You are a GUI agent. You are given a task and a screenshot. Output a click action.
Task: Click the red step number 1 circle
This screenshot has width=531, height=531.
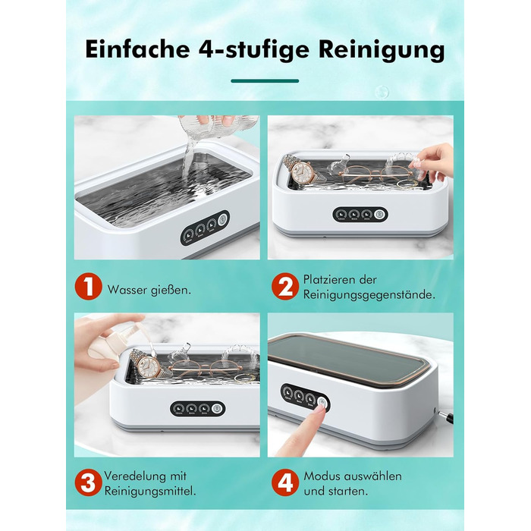coord(89,286)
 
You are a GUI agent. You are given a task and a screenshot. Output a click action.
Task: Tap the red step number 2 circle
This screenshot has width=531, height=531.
coord(285,286)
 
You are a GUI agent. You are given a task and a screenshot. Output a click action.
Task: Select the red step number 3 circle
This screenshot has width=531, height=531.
coord(89,482)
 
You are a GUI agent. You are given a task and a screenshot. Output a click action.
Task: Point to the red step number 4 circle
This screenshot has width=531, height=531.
coord(285,482)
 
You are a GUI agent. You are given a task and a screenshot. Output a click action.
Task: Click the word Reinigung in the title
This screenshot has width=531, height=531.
coord(382,50)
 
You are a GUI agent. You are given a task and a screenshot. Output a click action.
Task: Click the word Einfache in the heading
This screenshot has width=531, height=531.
coord(137,49)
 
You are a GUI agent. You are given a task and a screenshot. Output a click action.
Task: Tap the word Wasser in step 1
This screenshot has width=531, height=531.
coord(127,290)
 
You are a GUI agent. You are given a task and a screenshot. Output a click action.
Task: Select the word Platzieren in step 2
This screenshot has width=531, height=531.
coord(326,280)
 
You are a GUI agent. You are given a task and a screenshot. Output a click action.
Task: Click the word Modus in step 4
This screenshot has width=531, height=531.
coord(322,476)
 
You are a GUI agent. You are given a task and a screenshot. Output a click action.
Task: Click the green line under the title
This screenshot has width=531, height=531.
coord(265,81)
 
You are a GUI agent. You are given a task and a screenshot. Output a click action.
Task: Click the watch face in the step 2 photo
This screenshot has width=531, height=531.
coord(300,172)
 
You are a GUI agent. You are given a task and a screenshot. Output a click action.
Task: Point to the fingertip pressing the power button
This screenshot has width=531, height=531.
coord(319,412)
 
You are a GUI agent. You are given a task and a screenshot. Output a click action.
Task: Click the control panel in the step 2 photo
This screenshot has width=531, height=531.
coord(360,215)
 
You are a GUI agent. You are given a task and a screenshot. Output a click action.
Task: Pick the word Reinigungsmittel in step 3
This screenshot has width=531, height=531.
coord(150,491)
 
